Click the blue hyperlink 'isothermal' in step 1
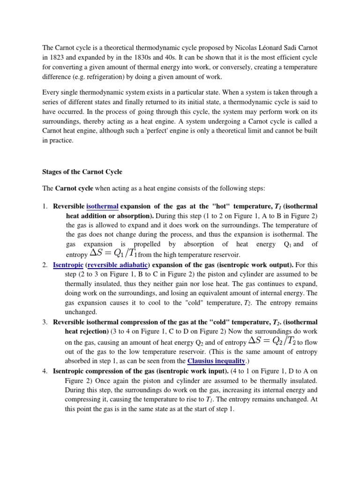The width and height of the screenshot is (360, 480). pos(102,206)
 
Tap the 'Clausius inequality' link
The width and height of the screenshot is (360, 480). pos(216,361)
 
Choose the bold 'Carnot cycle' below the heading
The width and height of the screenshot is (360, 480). pos(74,188)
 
